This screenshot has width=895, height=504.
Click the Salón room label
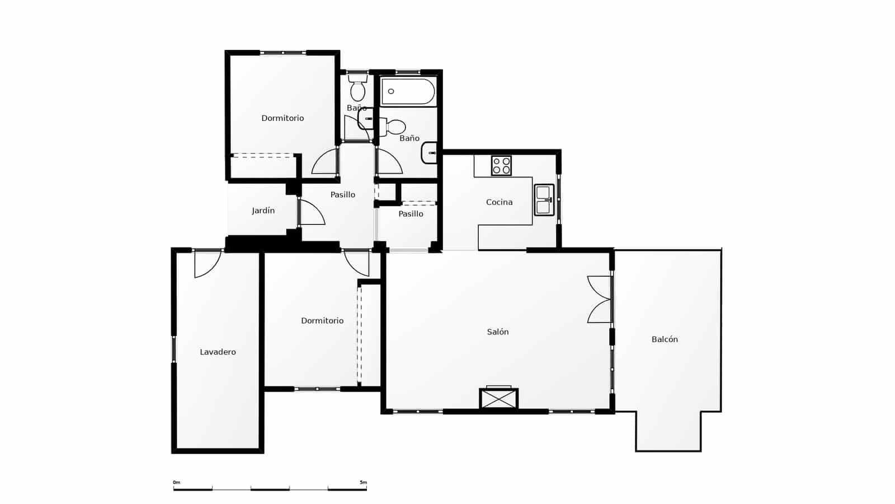(497, 332)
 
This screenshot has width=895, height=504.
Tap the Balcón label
(665, 339)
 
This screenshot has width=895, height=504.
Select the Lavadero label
(218, 352)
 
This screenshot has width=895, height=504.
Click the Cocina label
(499, 202)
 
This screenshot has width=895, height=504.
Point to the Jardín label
(263, 211)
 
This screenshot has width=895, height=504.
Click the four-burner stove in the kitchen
(501, 166)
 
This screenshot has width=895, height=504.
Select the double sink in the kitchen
(544, 200)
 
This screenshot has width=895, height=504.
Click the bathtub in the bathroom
(408, 92)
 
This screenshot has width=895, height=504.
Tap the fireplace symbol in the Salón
(498, 399)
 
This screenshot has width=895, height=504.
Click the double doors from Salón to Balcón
(600, 299)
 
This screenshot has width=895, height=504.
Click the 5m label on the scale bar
(363, 482)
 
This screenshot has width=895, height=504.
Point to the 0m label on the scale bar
(176, 482)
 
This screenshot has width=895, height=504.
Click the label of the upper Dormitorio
(282, 118)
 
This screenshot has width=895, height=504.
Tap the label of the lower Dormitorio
(322, 321)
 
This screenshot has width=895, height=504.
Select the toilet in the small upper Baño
(358, 90)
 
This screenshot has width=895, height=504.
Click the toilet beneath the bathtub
(395, 127)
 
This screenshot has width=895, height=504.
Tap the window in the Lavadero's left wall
(174, 349)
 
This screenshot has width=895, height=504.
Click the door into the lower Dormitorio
(356, 263)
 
